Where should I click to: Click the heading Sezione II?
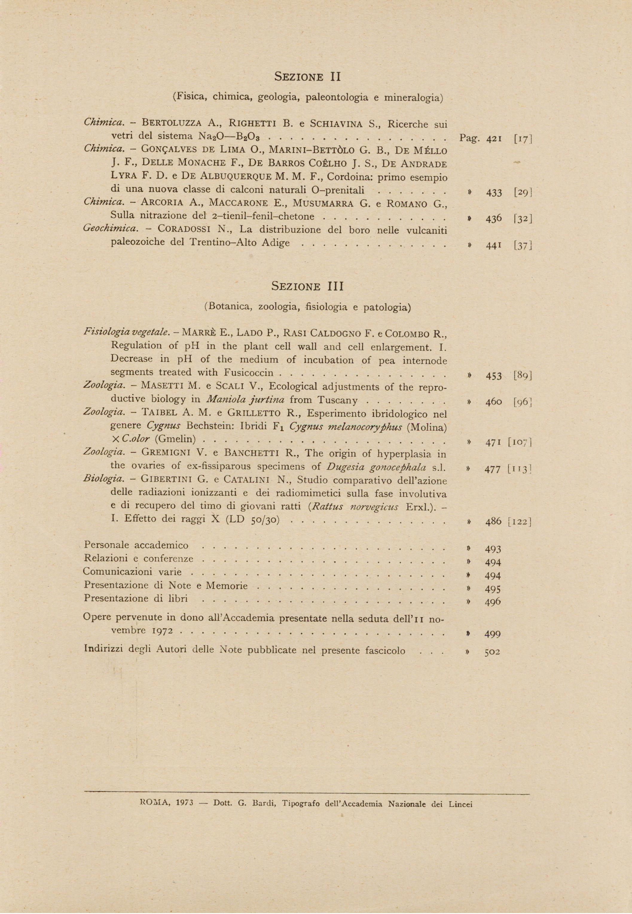[x=307, y=77]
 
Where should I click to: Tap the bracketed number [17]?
[x=522, y=139]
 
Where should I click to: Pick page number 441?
[x=494, y=245]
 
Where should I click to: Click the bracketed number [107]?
[x=519, y=443]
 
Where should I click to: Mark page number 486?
[x=493, y=521]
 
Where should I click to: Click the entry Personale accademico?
[x=136, y=545]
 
